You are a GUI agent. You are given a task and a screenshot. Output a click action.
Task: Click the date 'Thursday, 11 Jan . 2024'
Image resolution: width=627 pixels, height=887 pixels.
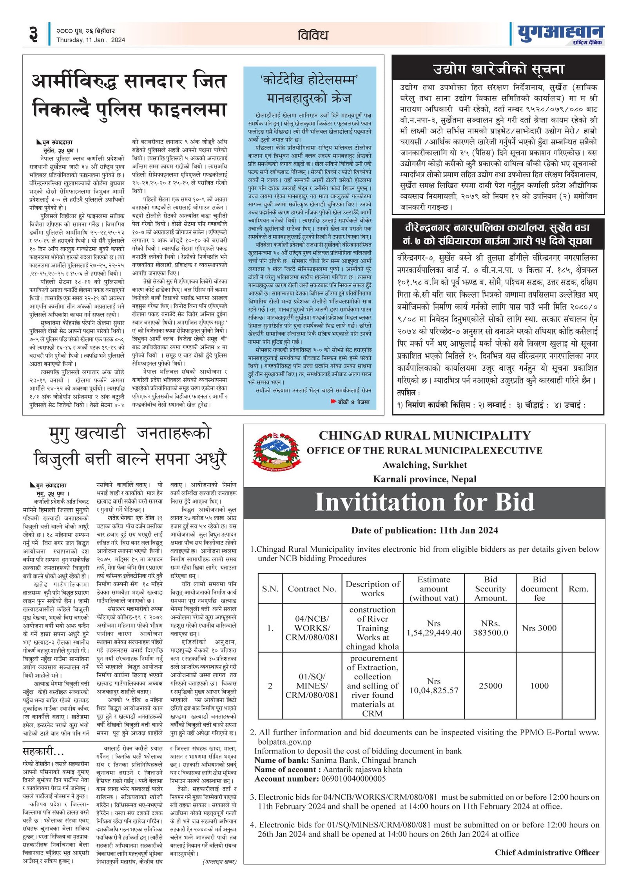pyautogui.click(x=91, y=40)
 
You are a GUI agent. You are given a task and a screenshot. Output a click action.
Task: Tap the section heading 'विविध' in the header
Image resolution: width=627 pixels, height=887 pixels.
pyautogui.click(x=312, y=35)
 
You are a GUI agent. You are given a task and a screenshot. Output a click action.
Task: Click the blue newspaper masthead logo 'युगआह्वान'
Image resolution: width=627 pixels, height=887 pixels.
pyautogui.click(x=560, y=33)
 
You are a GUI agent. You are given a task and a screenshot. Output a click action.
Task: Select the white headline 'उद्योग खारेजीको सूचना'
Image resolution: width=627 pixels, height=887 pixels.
pyautogui.click(x=498, y=69)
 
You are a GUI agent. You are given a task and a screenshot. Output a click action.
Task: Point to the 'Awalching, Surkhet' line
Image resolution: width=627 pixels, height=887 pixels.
pyautogui.click(x=424, y=465)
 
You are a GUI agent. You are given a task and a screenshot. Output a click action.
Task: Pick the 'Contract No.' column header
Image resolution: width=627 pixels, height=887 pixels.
pyautogui.click(x=312, y=589)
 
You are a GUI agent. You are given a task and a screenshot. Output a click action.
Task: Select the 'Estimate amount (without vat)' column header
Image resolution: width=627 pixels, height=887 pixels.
pyautogui.click(x=433, y=589)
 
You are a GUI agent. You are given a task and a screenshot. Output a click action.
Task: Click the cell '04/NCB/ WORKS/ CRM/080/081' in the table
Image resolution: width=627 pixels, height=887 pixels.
pyautogui.click(x=312, y=628)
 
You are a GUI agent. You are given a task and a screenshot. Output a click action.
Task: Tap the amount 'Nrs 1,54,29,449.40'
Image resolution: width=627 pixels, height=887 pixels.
pyautogui.click(x=433, y=628)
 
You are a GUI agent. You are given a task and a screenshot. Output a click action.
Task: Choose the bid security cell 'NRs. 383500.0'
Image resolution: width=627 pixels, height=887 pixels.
pyautogui.click(x=490, y=628)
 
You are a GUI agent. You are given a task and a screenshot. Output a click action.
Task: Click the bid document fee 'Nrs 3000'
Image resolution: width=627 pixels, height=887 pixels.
pyautogui.click(x=539, y=628)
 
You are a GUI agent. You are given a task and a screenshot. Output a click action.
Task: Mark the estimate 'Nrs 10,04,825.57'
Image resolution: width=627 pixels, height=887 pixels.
pyautogui.click(x=433, y=686)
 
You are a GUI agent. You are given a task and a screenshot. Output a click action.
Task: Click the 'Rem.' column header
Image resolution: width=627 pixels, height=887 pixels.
pyautogui.click(x=578, y=589)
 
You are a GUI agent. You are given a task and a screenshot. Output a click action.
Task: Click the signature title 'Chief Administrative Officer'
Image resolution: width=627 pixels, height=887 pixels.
pyautogui.click(x=547, y=853)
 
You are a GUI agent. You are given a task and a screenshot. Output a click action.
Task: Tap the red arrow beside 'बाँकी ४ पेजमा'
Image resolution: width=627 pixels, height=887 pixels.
pyautogui.click(x=333, y=401)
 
